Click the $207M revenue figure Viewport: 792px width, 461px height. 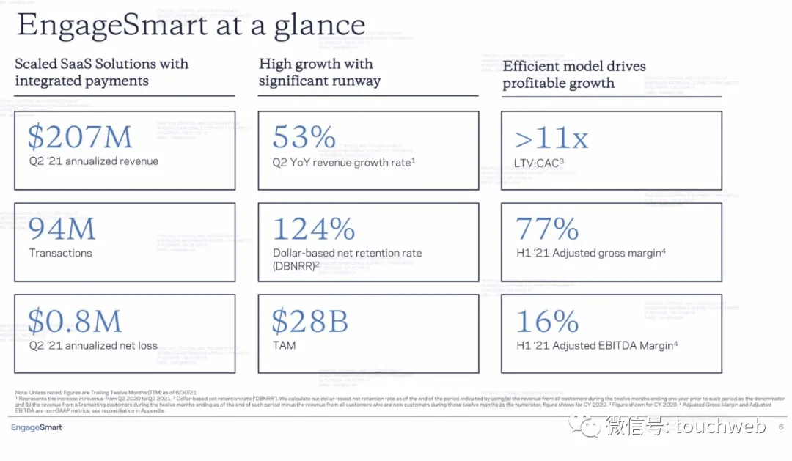click(81, 137)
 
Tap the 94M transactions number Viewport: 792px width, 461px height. click(62, 229)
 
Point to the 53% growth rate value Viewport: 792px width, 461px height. click(304, 137)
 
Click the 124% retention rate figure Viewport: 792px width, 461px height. click(314, 229)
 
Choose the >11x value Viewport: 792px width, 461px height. click(552, 137)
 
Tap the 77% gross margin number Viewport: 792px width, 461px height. click(547, 229)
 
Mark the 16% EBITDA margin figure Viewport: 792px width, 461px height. click(547, 321)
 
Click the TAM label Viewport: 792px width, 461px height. click(284, 344)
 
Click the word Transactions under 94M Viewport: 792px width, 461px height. click(61, 253)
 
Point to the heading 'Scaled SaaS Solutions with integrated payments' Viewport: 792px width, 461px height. click(102, 72)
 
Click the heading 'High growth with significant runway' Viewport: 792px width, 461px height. click(319, 72)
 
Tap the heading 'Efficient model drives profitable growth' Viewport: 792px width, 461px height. click(574, 74)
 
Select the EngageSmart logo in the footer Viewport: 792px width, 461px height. click(37, 427)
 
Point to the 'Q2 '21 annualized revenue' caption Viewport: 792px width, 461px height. click(94, 161)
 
